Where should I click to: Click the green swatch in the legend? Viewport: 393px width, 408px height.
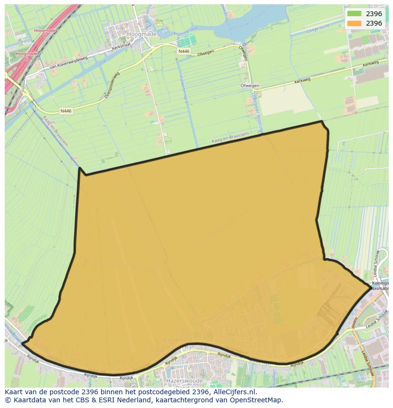coord(354,14)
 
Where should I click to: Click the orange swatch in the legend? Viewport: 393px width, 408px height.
coord(354,23)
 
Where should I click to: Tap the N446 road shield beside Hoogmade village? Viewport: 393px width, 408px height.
coord(184,51)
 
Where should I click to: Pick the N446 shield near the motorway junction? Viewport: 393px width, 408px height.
coord(66,111)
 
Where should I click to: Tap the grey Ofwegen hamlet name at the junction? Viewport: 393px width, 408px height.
coord(250,86)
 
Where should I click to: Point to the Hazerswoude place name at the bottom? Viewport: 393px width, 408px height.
coord(186,381)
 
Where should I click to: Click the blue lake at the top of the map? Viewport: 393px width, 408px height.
coord(237,26)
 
